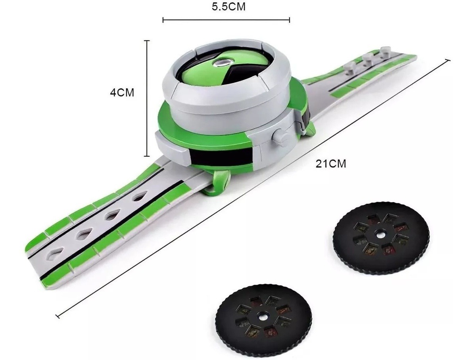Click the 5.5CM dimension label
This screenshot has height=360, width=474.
click(x=228, y=7)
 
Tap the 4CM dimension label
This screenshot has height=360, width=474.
click(x=122, y=92)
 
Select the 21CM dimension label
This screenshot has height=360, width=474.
click(x=331, y=163)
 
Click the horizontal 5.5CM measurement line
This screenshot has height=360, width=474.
click(x=226, y=20)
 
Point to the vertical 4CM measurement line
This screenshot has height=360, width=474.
click(x=147, y=98)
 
